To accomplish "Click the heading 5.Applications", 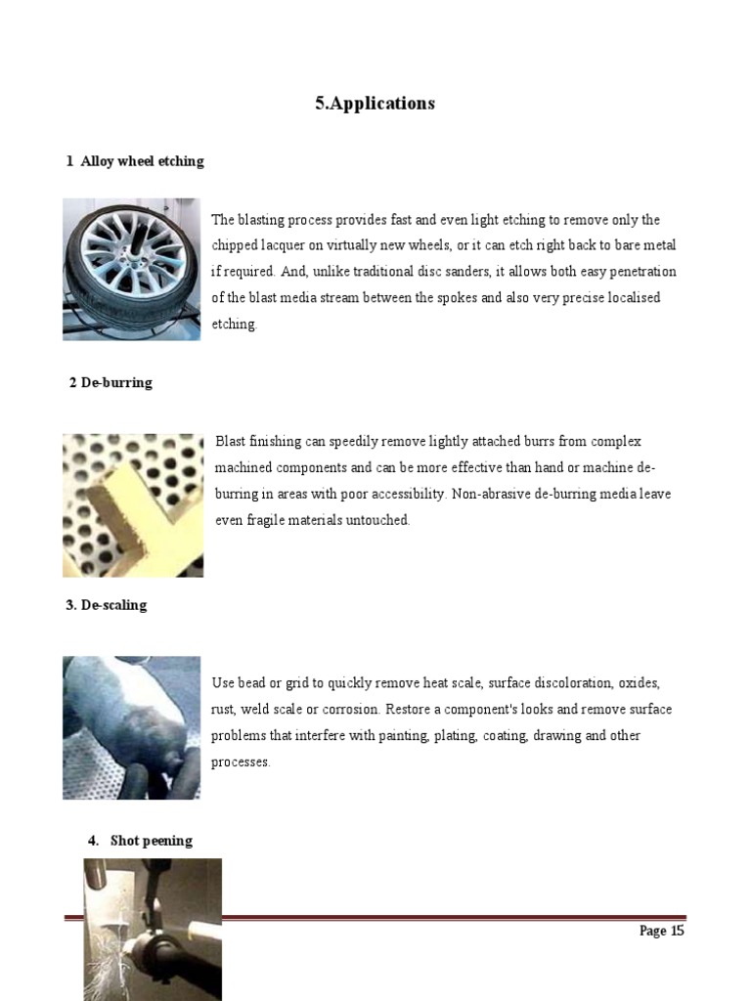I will pos(375,104).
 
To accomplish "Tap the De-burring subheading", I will pos(110,382).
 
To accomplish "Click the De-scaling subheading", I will pos(107,605).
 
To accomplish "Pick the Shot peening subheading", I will pos(151,841).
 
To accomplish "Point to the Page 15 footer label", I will pos(661,931).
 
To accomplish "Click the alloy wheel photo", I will pos(131,269).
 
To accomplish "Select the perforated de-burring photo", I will pos(132,504).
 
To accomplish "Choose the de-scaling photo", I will pos(131,727).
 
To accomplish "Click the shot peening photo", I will pos(152,929).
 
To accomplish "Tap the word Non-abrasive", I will pos(495,495).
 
